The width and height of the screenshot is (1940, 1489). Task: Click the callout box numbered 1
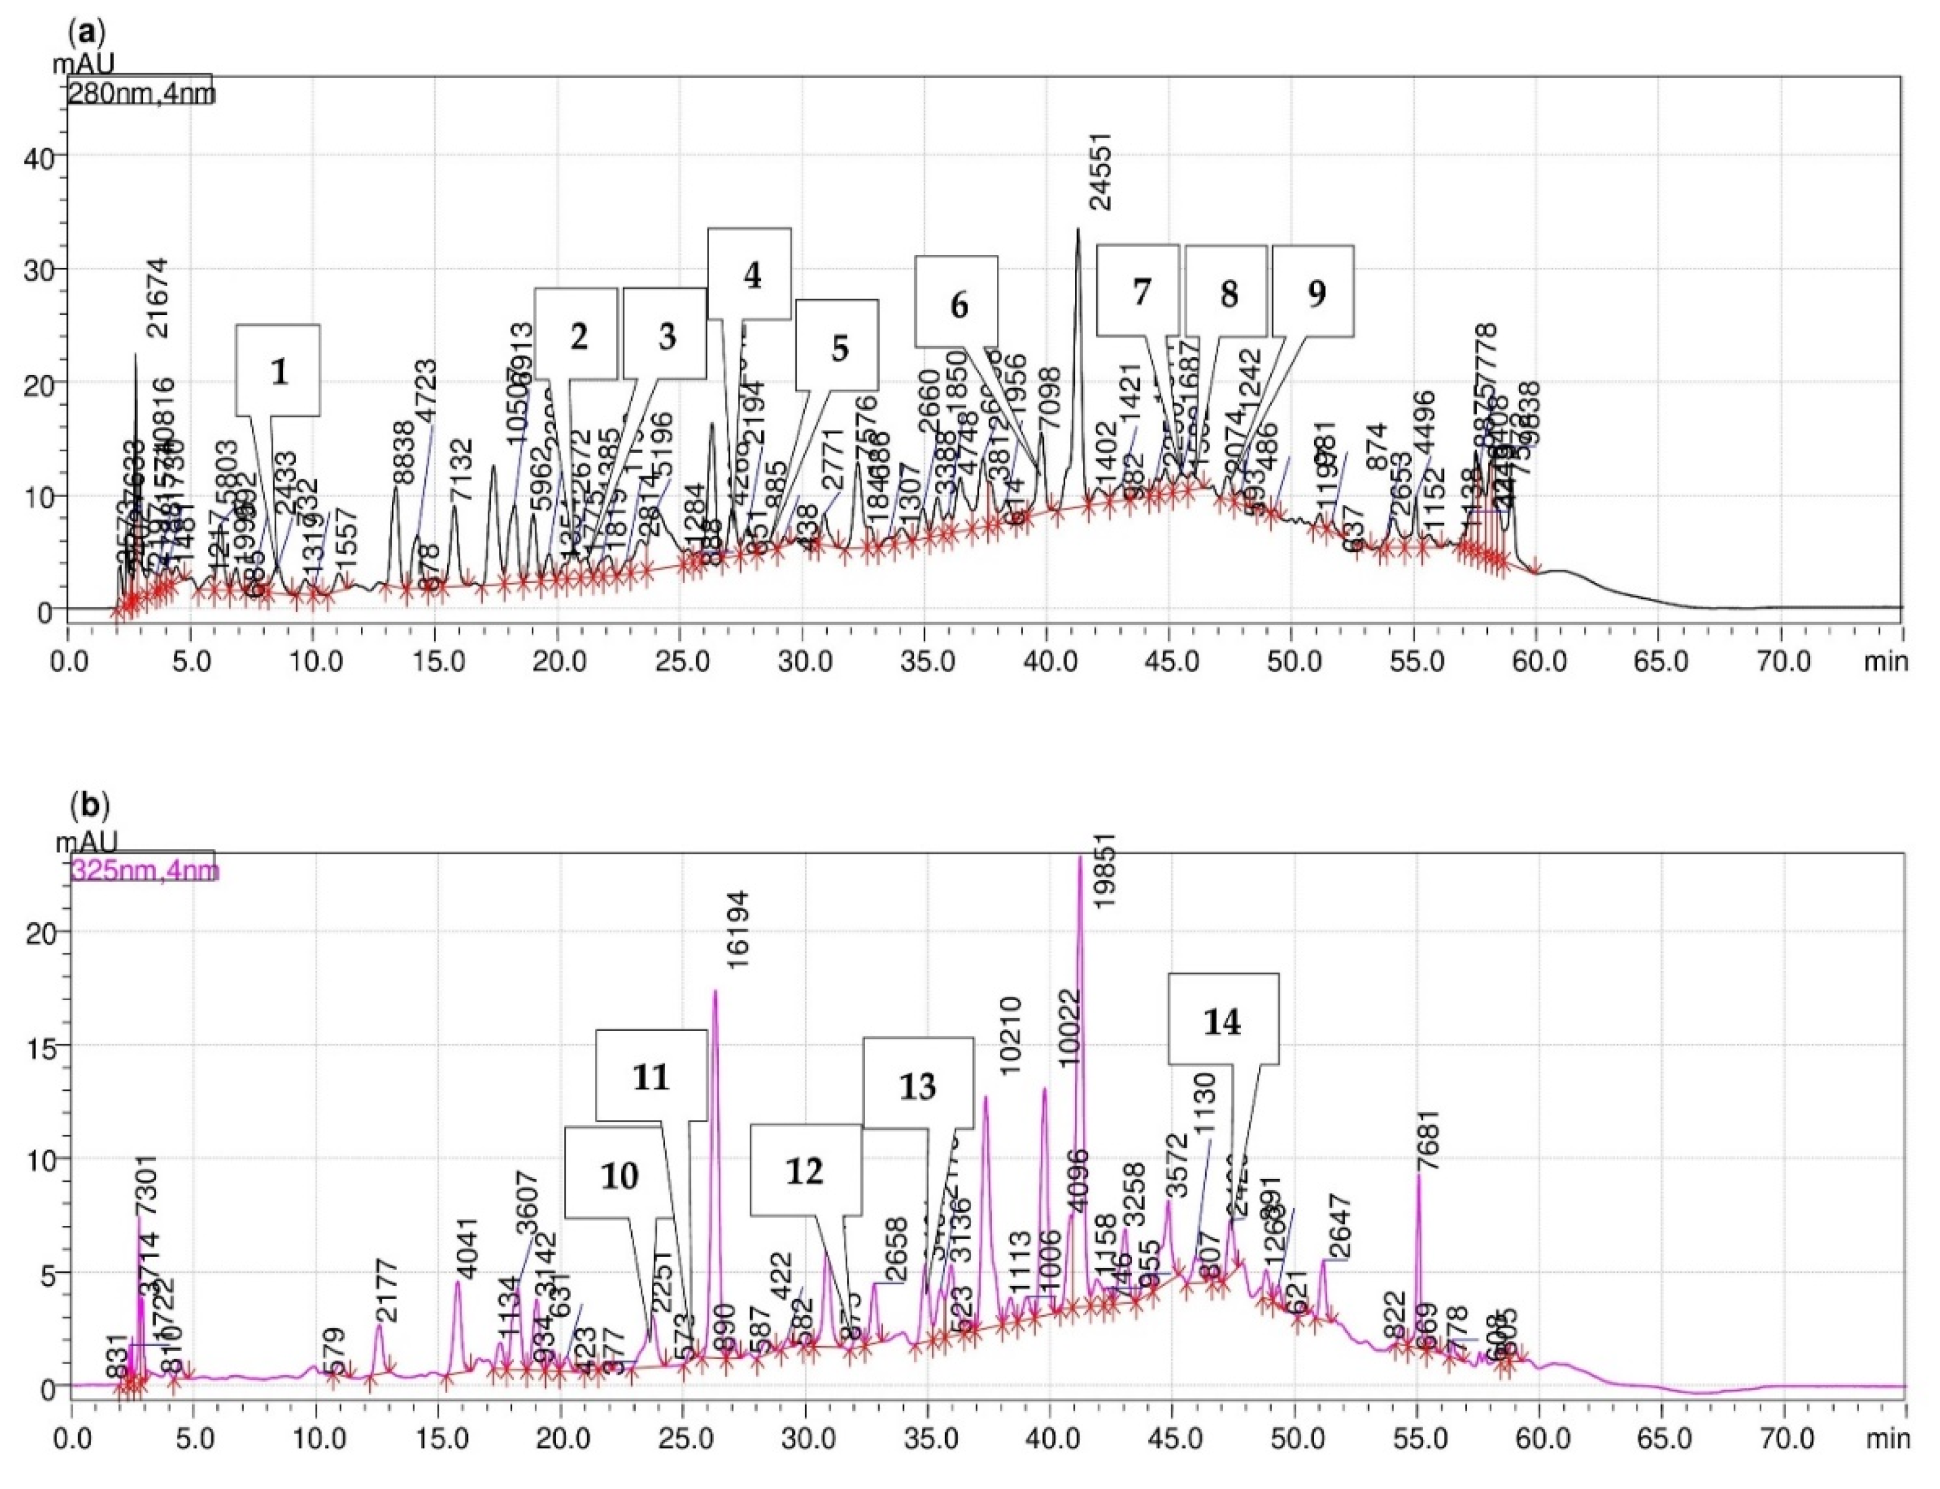pyautogui.click(x=277, y=370)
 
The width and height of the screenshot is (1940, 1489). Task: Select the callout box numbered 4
pyautogui.click(x=749, y=274)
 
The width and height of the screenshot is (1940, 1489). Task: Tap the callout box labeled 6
pyautogui.click(x=956, y=302)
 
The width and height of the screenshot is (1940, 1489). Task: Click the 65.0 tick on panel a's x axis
pyautogui.click(x=1659, y=661)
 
